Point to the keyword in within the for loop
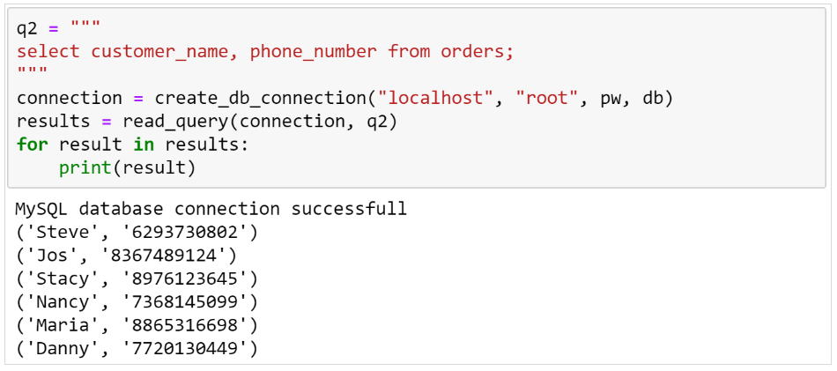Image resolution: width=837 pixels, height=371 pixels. (x=144, y=144)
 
